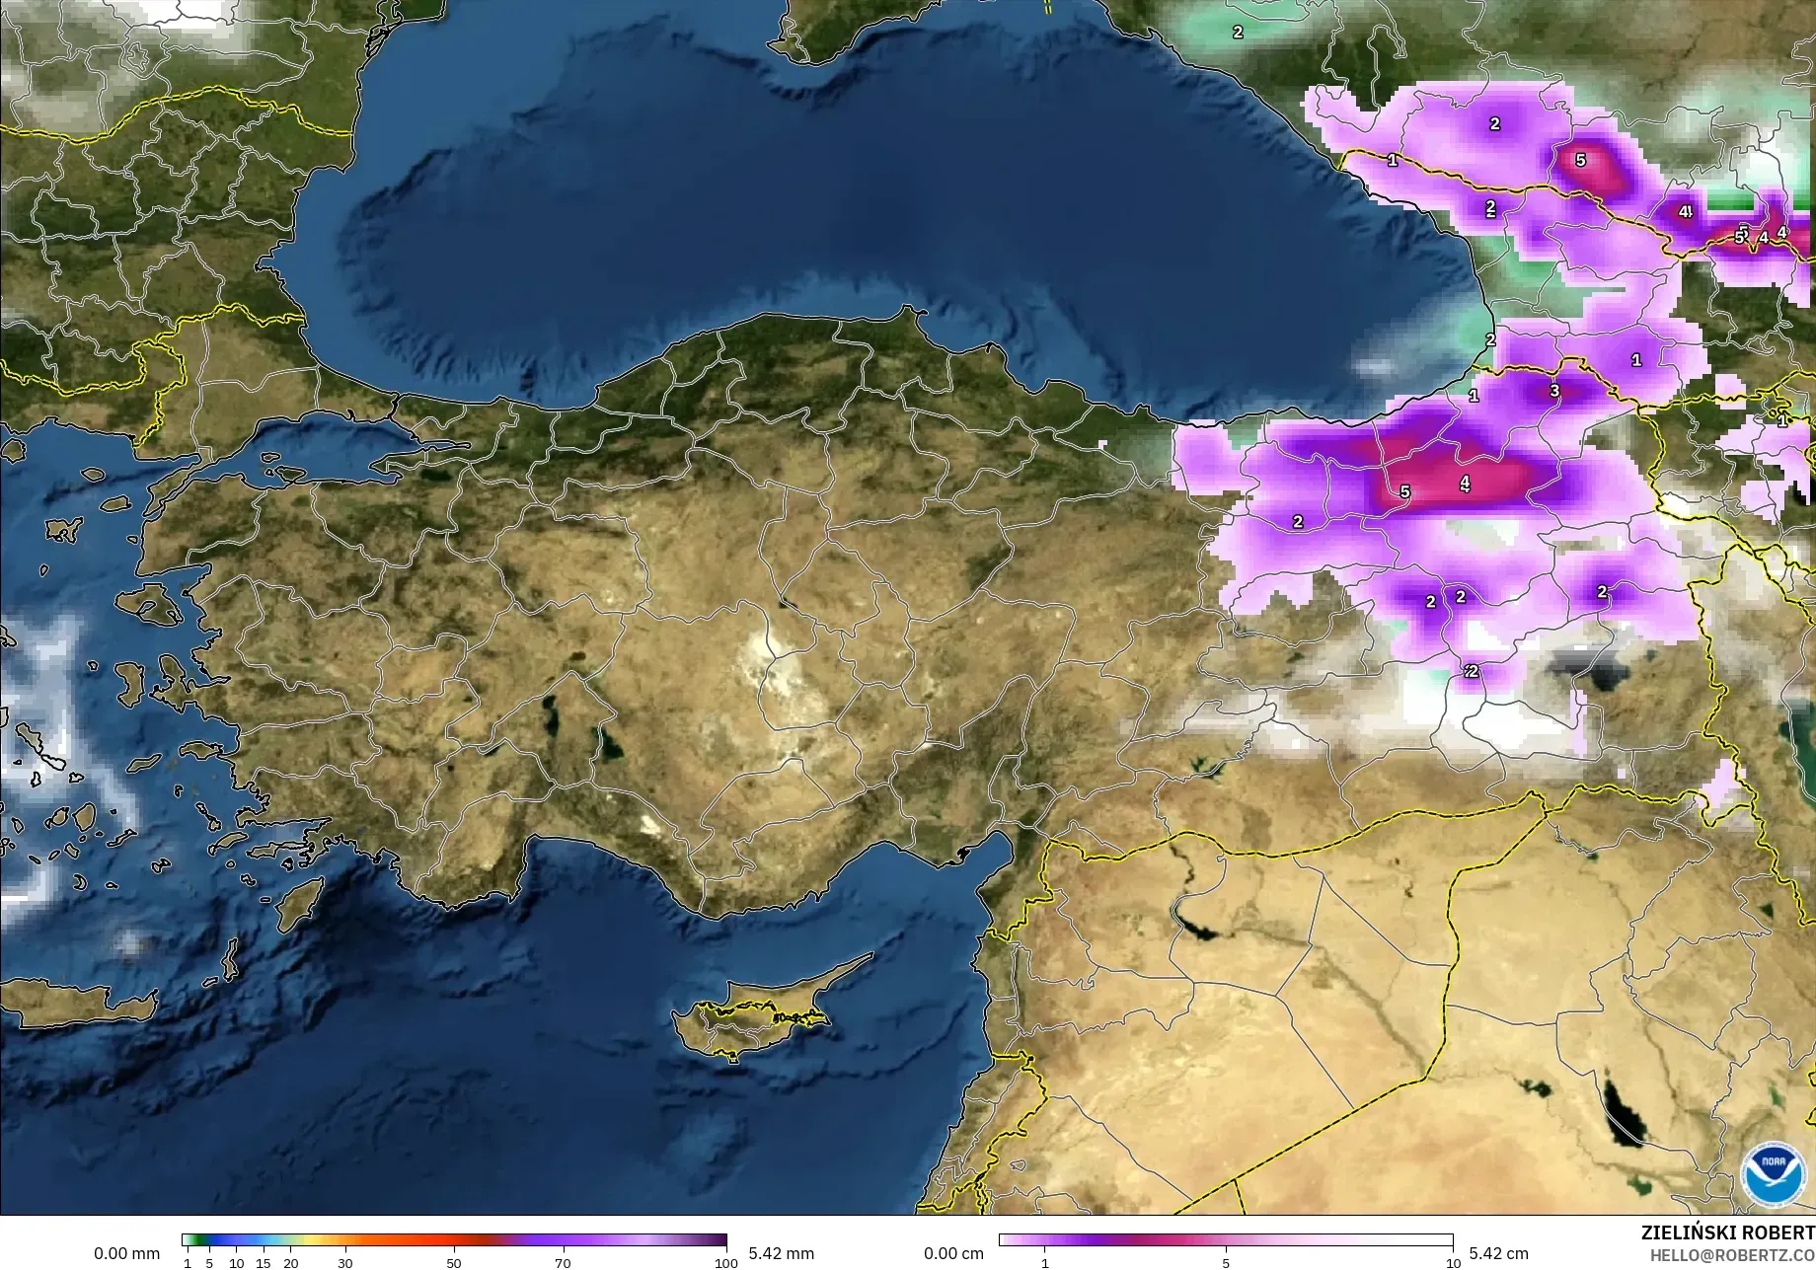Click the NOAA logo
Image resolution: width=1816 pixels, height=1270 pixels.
pyautogui.click(x=1773, y=1173)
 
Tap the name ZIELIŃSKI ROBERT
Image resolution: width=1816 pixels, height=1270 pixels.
pyautogui.click(x=1727, y=1233)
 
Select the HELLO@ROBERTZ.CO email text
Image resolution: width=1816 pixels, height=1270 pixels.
pyautogui.click(x=1733, y=1255)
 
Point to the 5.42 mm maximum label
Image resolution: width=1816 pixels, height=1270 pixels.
pyautogui.click(x=781, y=1253)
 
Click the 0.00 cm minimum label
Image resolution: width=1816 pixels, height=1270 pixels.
pyautogui.click(x=953, y=1253)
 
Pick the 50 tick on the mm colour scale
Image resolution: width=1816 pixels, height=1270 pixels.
pyautogui.click(x=453, y=1263)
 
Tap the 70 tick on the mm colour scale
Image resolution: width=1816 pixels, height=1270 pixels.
pyautogui.click(x=563, y=1263)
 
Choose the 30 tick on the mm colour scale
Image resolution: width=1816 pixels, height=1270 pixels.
pyautogui.click(x=344, y=1263)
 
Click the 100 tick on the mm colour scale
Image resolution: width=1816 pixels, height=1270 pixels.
pyautogui.click(x=725, y=1263)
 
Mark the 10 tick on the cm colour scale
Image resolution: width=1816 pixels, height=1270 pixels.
pyautogui.click(x=1452, y=1263)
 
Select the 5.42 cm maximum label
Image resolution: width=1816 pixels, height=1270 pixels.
pyautogui.click(x=1498, y=1253)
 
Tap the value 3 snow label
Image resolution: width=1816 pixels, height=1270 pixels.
pyautogui.click(x=1553, y=391)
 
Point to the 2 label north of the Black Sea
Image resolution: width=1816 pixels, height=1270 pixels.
pyautogui.click(x=1238, y=32)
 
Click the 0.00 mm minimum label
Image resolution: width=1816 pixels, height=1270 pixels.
pyautogui.click(x=126, y=1253)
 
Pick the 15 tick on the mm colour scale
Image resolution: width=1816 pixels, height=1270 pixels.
pyautogui.click(x=263, y=1263)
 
